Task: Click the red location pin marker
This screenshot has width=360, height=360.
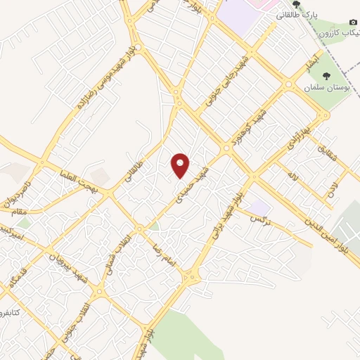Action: point(181,165)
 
